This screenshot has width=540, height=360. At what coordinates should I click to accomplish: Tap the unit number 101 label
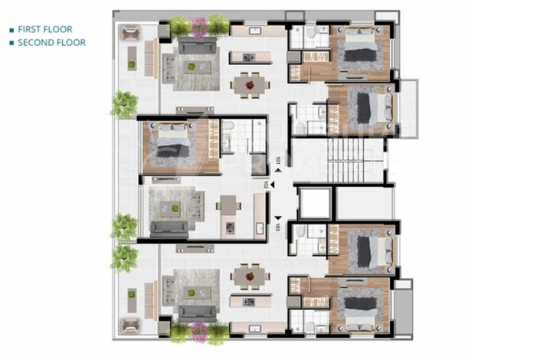[x=278, y=162]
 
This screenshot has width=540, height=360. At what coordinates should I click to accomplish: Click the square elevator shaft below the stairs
[x=313, y=204]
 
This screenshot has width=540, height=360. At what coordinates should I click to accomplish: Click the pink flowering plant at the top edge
[x=199, y=27]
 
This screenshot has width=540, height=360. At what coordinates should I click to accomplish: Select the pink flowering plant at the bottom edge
[x=199, y=332]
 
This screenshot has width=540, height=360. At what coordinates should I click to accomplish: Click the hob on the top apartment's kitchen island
[x=248, y=57]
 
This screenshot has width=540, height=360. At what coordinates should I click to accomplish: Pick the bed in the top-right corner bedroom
[x=359, y=51]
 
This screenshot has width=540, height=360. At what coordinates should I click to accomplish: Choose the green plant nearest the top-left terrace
[x=124, y=104]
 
